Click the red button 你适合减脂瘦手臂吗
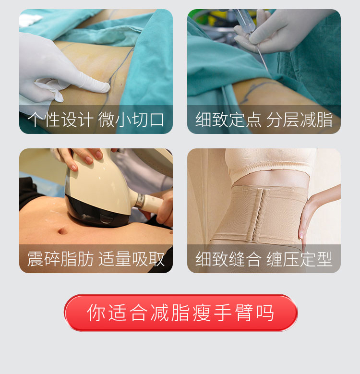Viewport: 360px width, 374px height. [x=180, y=313]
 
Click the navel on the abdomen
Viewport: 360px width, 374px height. [x=62, y=231]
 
